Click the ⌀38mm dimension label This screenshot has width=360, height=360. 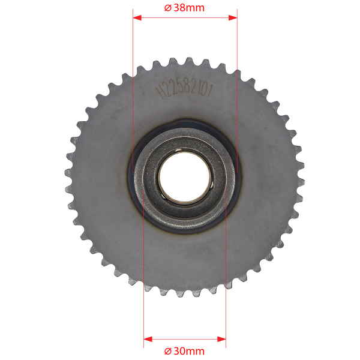coord(184,8)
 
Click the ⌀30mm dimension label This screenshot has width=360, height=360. coord(184,351)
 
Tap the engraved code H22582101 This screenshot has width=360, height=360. coord(184,90)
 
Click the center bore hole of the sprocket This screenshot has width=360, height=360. coord(185,176)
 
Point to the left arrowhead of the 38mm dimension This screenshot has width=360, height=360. coord(137,17)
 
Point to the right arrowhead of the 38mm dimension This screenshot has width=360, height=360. coord(233,17)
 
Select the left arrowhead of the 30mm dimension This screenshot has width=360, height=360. coord(148,339)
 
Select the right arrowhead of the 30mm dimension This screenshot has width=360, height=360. coord(221,339)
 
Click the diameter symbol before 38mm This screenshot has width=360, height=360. coord(168,8)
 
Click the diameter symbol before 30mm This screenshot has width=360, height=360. coord(168,352)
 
